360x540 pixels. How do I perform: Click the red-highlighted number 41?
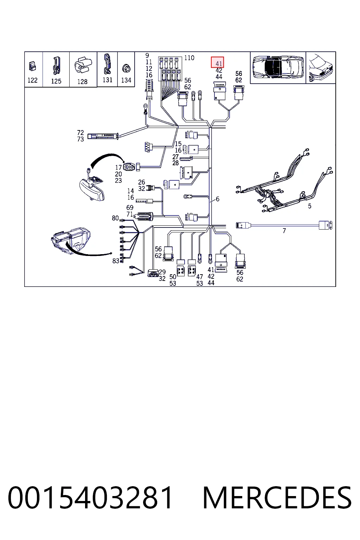(x=219, y=64)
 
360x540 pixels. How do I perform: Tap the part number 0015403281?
(x=90, y=498)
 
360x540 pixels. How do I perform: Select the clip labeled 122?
(x=33, y=66)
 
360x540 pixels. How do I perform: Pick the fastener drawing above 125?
(x=56, y=65)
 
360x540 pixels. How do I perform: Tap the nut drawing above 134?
(x=126, y=69)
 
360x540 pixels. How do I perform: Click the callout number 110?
(x=189, y=58)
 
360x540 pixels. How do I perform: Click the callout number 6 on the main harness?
(x=218, y=199)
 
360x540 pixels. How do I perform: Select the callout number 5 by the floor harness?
(x=310, y=206)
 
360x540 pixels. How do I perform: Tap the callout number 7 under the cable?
(x=284, y=231)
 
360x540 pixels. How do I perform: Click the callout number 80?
(x=115, y=218)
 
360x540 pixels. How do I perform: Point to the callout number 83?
(x=116, y=261)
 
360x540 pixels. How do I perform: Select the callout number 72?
(x=80, y=133)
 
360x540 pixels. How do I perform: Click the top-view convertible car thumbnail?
(x=278, y=67)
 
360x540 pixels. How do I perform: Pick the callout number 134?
(x=126, y=80)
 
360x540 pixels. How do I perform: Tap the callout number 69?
(x=130, y=207)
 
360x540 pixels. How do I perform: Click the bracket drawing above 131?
(x=107, y=64)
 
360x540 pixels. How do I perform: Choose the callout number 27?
(x=175, y=157)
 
